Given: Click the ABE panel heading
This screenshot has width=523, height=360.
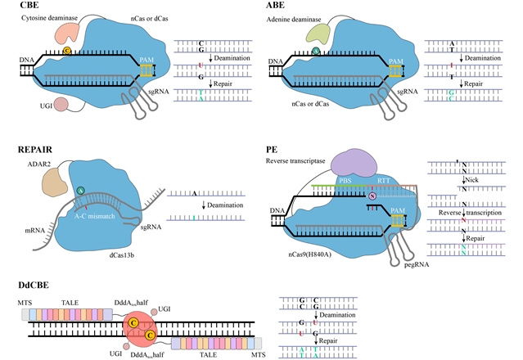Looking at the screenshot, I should [x=277, y=7].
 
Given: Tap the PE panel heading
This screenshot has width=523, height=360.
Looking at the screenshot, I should [x=273, y=151].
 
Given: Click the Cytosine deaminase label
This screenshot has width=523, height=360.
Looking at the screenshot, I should [x=45, y=18].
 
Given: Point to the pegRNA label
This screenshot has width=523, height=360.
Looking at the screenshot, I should [x=391, y=264].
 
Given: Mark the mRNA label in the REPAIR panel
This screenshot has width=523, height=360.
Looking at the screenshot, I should [x=30, y=232].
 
